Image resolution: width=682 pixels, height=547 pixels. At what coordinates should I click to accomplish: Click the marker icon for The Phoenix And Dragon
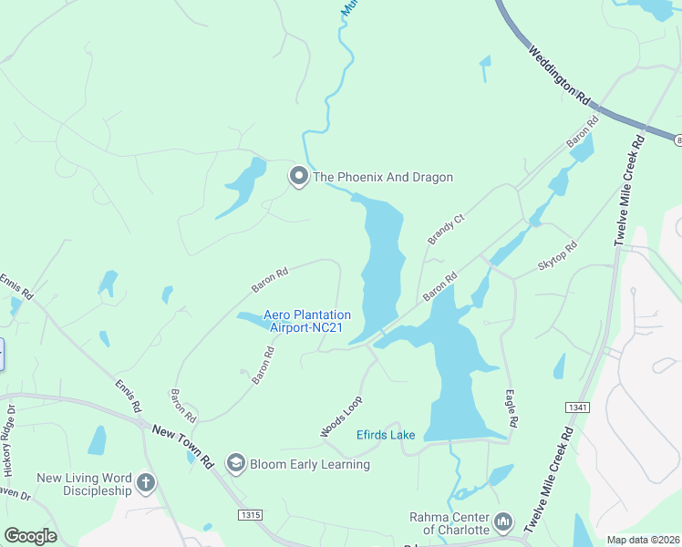click(298, 176)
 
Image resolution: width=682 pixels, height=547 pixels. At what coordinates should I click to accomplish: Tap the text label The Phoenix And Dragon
click(383, 177)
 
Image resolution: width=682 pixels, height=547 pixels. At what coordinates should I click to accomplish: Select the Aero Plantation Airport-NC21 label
click(307, 322)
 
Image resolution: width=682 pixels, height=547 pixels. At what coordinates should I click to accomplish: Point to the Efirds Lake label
click(385, 435)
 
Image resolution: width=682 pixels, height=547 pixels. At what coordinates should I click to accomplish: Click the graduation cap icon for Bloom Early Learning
click(236, 464)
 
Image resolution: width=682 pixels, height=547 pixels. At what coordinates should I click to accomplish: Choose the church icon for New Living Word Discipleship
click(145, 480)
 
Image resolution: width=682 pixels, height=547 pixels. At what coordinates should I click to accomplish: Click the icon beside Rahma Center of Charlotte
click(503, 523)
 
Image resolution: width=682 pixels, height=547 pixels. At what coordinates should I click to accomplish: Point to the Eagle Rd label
click(511, 410)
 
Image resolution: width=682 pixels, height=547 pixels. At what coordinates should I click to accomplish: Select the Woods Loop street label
click(341, 416)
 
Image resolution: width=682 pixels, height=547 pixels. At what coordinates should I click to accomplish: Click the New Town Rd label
click(182, 446)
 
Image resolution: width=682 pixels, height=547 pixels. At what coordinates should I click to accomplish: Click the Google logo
click(30, 536)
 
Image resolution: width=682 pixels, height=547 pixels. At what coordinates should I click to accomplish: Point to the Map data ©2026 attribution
click(643, 540)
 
